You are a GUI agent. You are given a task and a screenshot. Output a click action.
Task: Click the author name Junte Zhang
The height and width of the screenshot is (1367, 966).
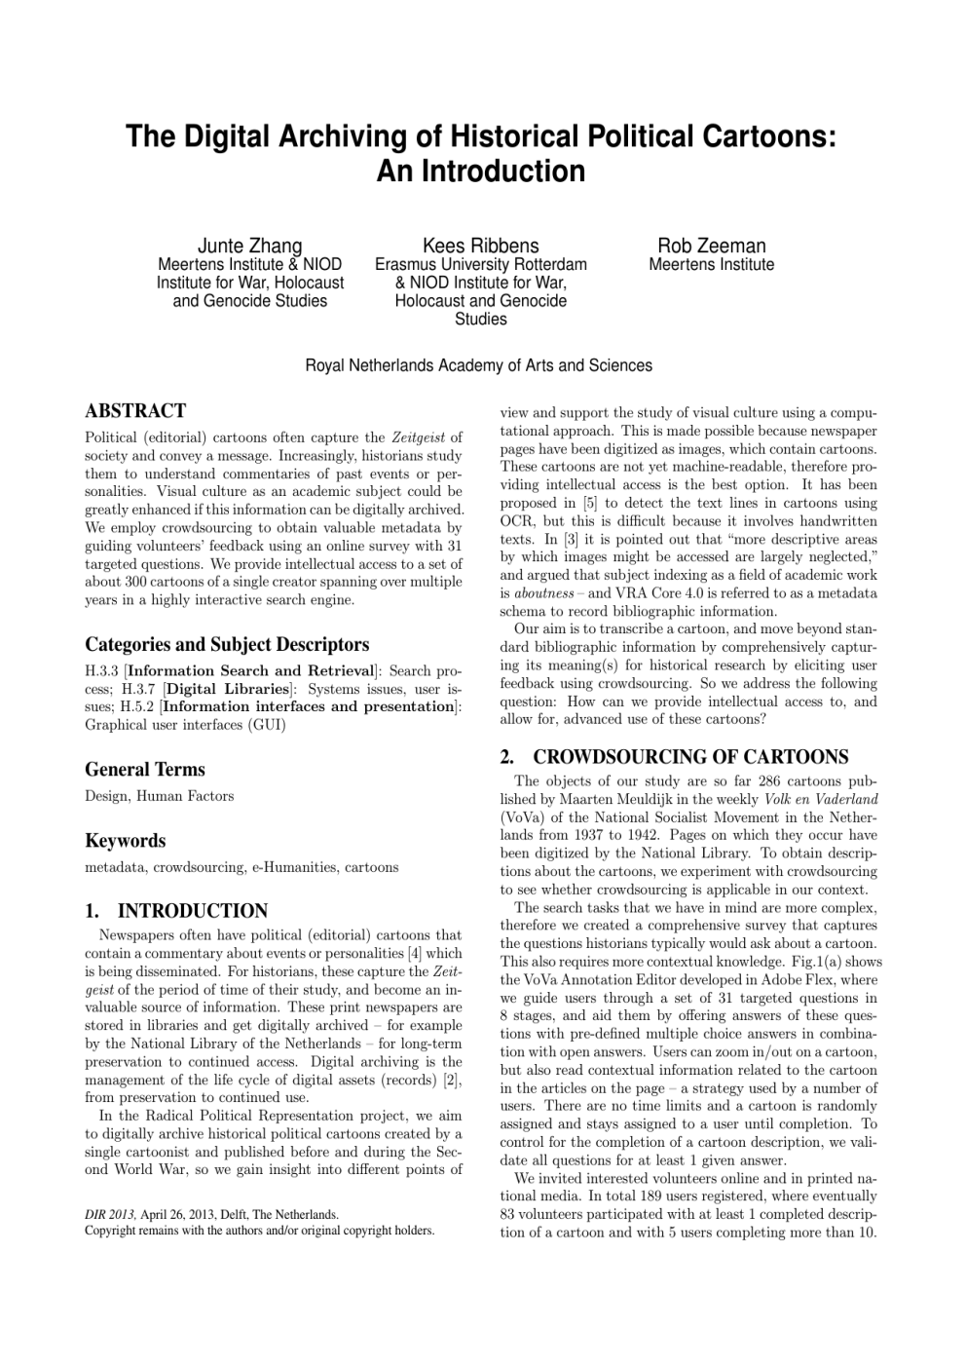(x=249, y=246)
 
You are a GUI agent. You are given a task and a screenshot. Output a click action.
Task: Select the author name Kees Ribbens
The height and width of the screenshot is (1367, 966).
(x=480, y=246)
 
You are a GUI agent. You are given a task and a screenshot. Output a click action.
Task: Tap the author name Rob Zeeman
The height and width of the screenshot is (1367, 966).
(x=711, y=246)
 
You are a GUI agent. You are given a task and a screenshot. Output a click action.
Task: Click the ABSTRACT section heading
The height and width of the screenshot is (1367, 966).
(x=135, y=410)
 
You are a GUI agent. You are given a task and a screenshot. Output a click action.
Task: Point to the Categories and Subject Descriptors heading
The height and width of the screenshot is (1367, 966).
(x=227, y=644)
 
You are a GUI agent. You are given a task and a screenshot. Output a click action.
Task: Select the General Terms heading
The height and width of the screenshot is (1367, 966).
(x=145, y=769)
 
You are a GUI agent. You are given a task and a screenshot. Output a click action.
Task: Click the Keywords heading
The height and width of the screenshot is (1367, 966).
(x=126, y=840)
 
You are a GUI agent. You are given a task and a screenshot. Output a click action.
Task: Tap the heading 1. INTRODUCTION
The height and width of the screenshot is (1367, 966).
(x=176, y=911)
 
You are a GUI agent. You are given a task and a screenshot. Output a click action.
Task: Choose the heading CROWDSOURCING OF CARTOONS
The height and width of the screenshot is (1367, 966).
(x=690, y=757)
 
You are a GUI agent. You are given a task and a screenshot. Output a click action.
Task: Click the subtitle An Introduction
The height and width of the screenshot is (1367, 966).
(x=480, y=171)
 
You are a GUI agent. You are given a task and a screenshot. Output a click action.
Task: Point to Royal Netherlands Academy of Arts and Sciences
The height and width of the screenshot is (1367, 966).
(x=479, y=365)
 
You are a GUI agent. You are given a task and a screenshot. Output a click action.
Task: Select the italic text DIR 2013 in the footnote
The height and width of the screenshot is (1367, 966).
(x=111, y=1215)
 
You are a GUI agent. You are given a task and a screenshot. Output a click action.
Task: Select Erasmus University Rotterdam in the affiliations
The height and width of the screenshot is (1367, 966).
(x=481, y=265)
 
